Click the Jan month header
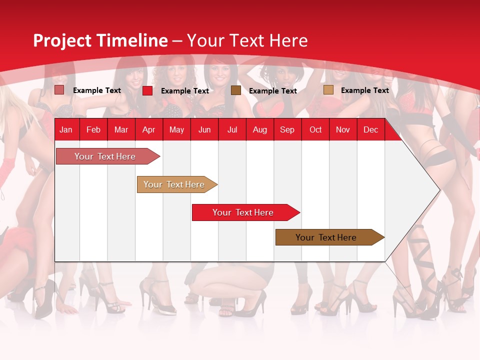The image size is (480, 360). [x=66, y=129]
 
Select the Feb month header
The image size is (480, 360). [x=93, y=129]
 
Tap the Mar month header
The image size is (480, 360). [x=121, y=129]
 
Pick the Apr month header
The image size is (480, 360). [x=149, y=129]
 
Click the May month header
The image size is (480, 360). [x=176, y=129]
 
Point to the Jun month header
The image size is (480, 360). [x=204, y=129]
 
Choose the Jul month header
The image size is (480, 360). [x=232, y=129]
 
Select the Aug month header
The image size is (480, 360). [x=260, y=129]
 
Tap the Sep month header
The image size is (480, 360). [x=287, y=129]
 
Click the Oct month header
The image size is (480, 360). [x=315, y=129]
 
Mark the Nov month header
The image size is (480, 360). [x=343, y=129]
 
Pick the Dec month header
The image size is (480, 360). [x=371, y=129]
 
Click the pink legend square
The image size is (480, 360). [x=59, y=90]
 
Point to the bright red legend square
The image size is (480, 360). [x=147, y=90]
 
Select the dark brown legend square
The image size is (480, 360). [x=236, y=90]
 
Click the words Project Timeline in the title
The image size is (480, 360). [x=100, y=40]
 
